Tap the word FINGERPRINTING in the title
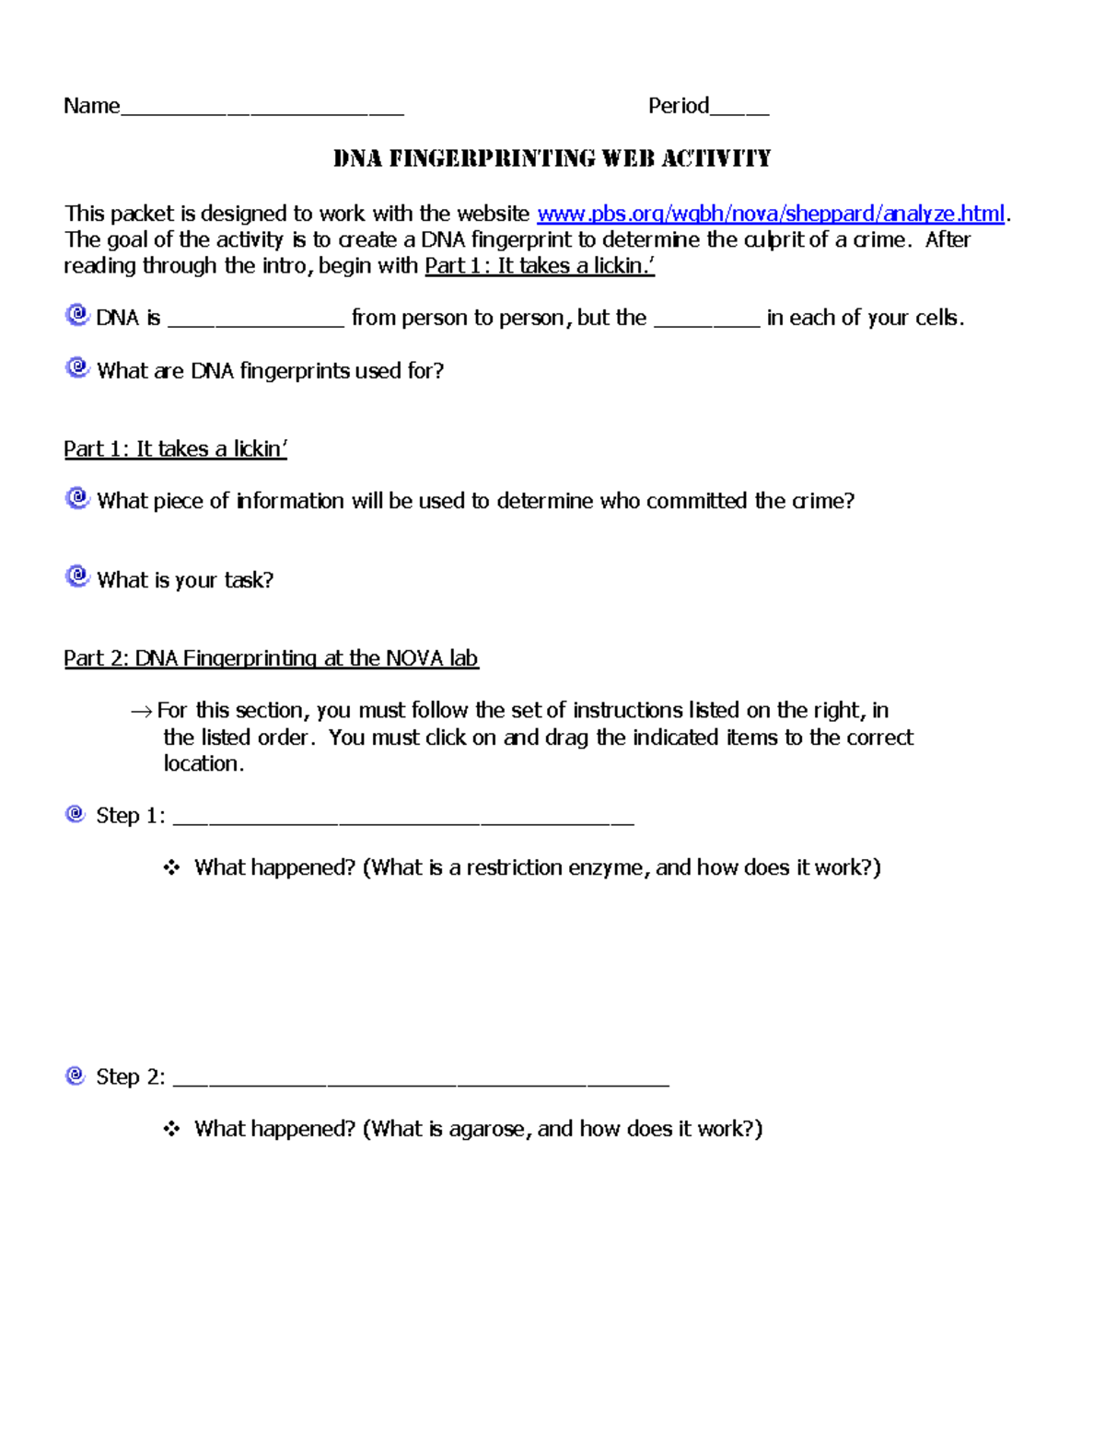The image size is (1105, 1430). click(x=493, y=158)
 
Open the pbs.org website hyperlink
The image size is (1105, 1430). click(x=770, y=214)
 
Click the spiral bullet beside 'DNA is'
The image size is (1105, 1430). click(x=77, y=315)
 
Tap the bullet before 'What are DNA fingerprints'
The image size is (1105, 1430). click(x=77, y=367)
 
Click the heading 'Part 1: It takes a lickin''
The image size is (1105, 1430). click(x=175, y=448)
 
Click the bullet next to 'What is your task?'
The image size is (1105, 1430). click(x=77, y=576)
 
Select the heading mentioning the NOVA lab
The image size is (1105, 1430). click(x=271, y=657)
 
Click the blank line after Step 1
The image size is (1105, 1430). click(x=403, y=820)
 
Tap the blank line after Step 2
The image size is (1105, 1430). click(x=421, y=1081)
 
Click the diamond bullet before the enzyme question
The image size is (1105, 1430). click(x=171, y=867)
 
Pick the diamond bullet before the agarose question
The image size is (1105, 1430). click(x=171, y=1129)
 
